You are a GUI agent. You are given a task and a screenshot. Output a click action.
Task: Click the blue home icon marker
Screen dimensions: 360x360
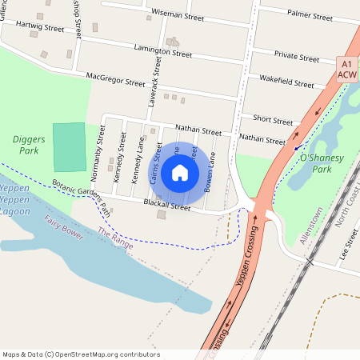pyautogui.click(x=180, y=172)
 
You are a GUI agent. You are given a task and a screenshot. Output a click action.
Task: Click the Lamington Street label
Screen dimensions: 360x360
pyautogui.click(x=163, y=52)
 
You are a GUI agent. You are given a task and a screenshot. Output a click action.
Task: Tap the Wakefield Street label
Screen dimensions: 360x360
pyautogui.click(x=286, y=82)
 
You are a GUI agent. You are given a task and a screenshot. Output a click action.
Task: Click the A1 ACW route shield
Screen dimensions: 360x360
pyautogui.click(x=346, y=69)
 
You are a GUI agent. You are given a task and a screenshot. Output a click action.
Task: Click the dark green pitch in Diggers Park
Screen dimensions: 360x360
pyautogui.click(x=69, y=146)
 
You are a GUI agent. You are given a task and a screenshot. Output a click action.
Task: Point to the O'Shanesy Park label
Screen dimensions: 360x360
pyautogui.click(x=322, y=164)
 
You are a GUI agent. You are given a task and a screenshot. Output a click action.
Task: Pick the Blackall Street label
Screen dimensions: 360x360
pyautogui.click(x=166, y=206)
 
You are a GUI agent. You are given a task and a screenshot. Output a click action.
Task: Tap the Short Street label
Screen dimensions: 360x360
pyautogui.click(x=273, y=121)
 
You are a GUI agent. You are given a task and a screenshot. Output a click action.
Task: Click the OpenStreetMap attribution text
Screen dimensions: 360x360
pyautogui.click(x=81, y=354)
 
